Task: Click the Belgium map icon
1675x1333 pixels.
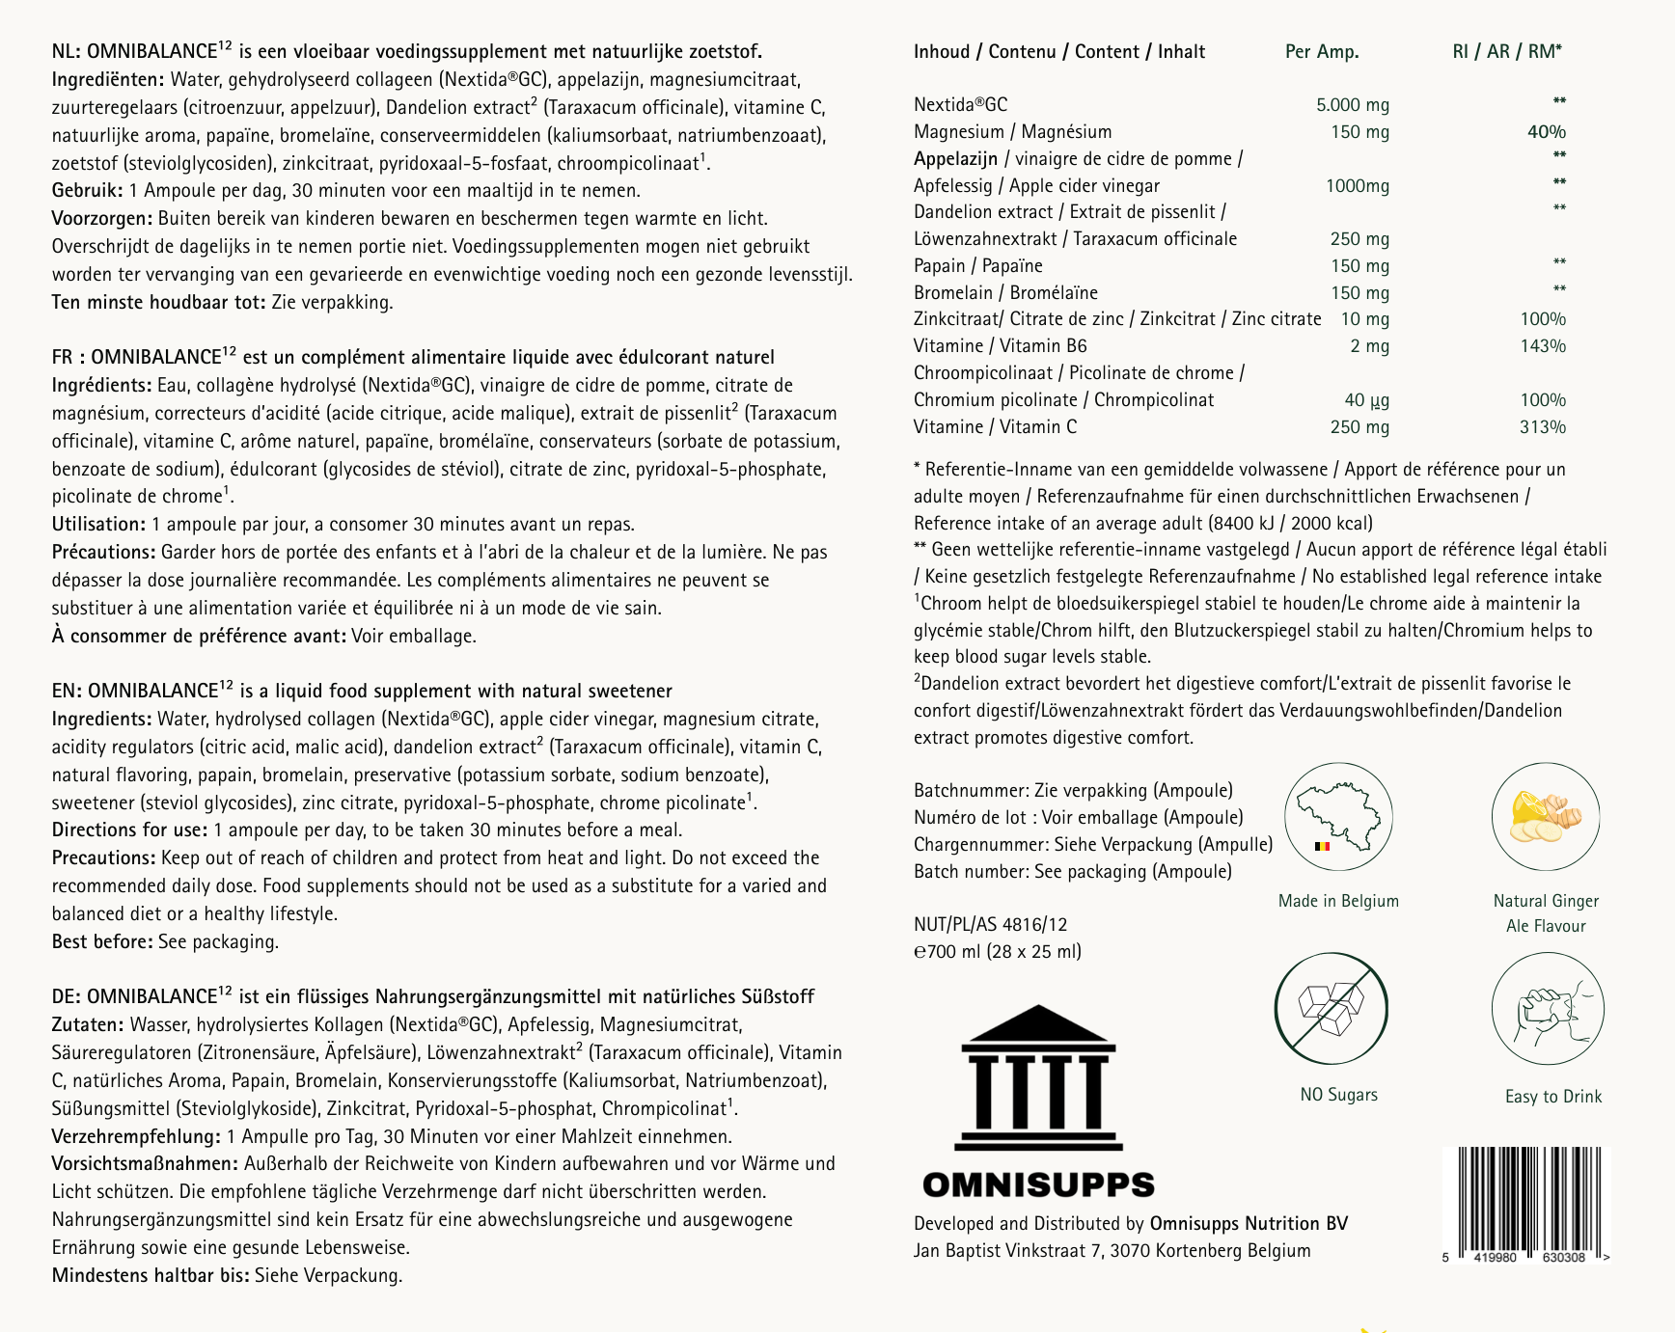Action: (1337, 816)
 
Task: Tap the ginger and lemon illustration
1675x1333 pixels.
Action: (1545, 816)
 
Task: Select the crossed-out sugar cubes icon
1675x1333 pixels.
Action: (1331, 1008)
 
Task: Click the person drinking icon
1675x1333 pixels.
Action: (1548, 1010)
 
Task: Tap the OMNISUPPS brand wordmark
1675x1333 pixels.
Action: (1038, 1184)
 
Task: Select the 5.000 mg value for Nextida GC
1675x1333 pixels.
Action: (1352, 105)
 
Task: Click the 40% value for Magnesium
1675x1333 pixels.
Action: (1546, 132)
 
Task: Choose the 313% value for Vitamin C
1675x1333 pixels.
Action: (1542, 427)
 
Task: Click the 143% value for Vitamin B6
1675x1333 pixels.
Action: (1542, 346)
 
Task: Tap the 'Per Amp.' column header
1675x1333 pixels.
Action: (1321, 52)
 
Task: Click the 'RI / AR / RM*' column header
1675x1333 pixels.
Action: (1506, 52)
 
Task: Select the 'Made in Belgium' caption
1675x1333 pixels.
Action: (1337, 901)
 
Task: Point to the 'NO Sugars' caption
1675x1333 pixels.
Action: (1338, 1095)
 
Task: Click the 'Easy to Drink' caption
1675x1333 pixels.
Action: (1552, 1097)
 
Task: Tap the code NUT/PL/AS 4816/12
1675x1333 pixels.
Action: (990, 925)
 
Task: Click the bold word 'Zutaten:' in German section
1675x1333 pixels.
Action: (87, 1025)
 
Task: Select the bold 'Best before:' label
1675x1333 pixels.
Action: (102, 941)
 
